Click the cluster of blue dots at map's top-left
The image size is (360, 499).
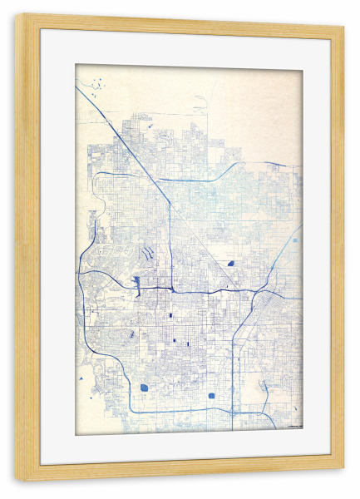(x=99, y=82)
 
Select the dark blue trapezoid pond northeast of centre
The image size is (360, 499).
(x=229, y=264)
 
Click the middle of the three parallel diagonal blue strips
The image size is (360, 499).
(x=146, y=252)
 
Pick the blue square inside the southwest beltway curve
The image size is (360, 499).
(x=144, y=388)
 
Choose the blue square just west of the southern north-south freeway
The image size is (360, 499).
(x=211, y=396)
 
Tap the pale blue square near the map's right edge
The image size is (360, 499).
(x=294, y=240)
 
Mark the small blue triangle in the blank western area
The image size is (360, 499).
(x=82, y=379)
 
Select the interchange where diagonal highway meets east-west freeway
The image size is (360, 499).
(x=170, y=289)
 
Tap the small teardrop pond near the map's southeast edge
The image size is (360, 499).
(x=264, y=386)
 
